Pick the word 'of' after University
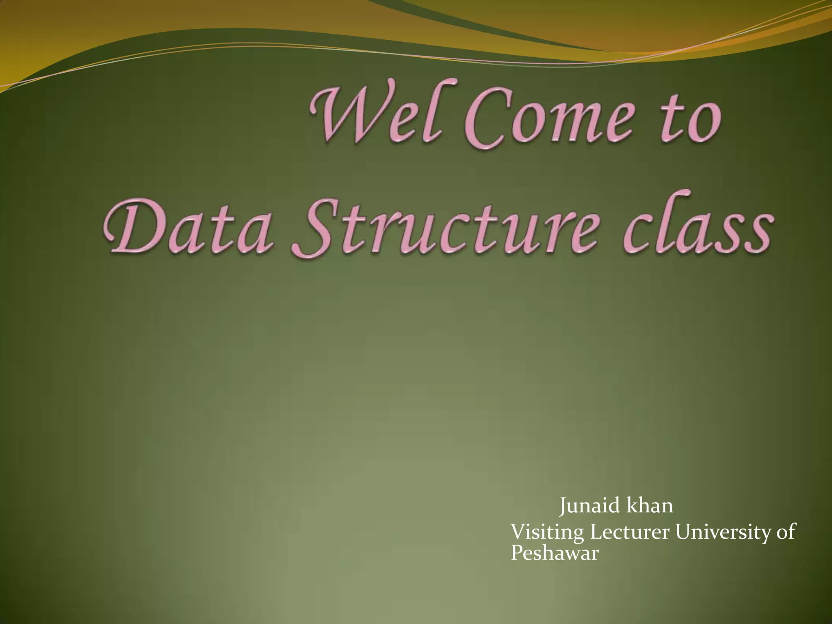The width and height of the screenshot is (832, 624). pos(786,532)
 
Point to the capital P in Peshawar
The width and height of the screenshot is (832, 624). pos(516,553)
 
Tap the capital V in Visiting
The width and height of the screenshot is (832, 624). pos(517,533)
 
